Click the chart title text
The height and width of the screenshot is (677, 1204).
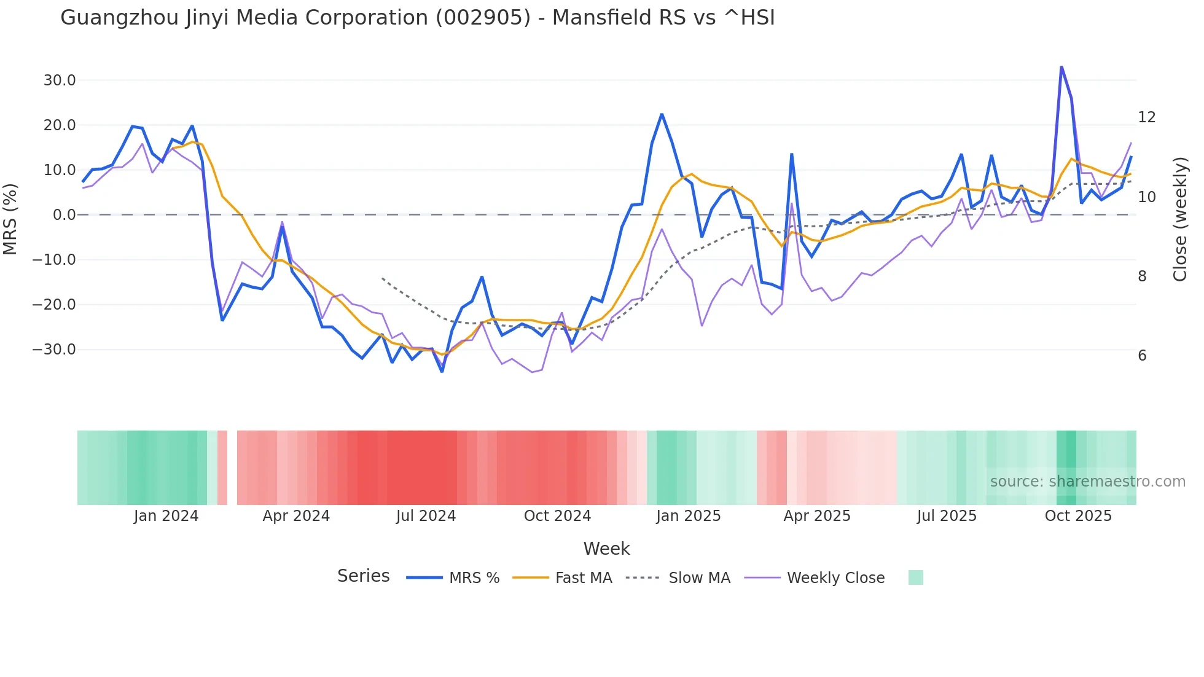tap(417, 18)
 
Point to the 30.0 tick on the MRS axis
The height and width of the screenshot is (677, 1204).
tap(59, 80)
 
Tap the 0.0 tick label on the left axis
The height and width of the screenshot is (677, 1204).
tap(64, 215)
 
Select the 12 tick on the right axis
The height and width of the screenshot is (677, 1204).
tap(1146, 117)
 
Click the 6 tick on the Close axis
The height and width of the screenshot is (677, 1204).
tap(1142, 356)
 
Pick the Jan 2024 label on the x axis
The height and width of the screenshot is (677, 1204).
tap(166, 516)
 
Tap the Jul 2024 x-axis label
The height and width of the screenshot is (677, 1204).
tap(426, 516)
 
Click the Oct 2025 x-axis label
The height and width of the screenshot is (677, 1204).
tap(1078, 516)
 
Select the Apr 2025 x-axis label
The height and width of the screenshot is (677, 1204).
tap(816, 516)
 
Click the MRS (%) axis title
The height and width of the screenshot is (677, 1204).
tap(10, 219)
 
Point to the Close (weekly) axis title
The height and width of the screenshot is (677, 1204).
tap(1179, 219)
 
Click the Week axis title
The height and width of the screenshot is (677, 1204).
tap(606, 549)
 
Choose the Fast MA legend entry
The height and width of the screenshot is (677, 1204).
tap(583, 578)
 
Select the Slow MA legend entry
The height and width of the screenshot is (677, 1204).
tap(699, 578)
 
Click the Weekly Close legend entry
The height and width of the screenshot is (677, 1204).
tap(835, 578)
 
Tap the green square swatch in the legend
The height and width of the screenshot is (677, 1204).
tap(915, 577)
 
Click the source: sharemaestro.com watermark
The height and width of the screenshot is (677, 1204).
tap(1087, 482)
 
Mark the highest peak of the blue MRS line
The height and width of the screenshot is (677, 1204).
tap(1061, 66)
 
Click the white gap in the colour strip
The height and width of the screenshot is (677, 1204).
tap(232, 468)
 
